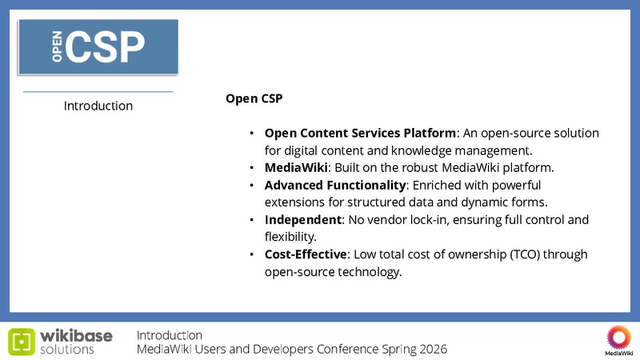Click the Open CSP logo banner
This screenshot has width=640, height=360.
pos(98,48)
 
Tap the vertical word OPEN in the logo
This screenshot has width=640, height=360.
pos(58,48)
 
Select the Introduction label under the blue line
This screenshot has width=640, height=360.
pos(98,106)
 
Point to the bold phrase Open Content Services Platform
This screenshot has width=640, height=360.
pos(360,133)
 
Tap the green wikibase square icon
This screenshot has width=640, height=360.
pos(22,341)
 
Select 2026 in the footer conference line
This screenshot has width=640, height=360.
pos(432,350)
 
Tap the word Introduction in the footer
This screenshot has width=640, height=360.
pos(170,334)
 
